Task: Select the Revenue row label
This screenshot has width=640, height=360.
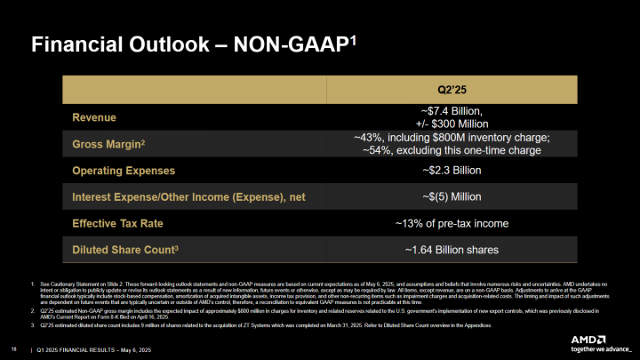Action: (x=94, y=116)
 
